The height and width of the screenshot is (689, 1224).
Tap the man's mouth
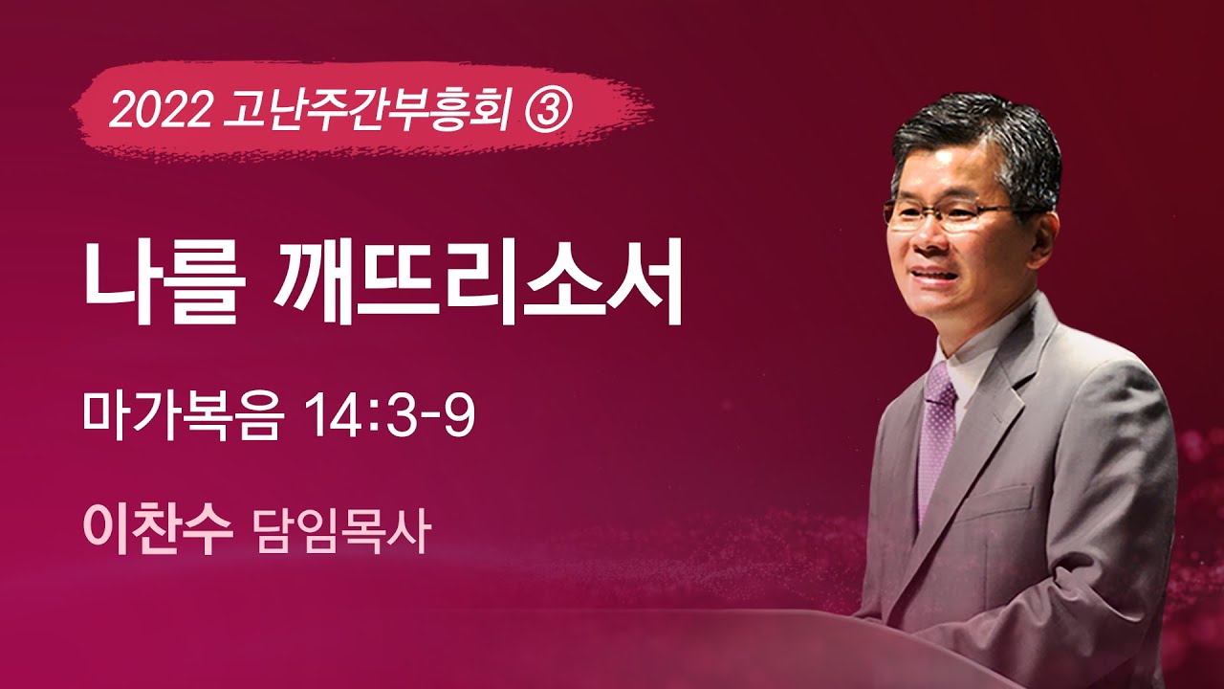[x=937, y=278]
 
